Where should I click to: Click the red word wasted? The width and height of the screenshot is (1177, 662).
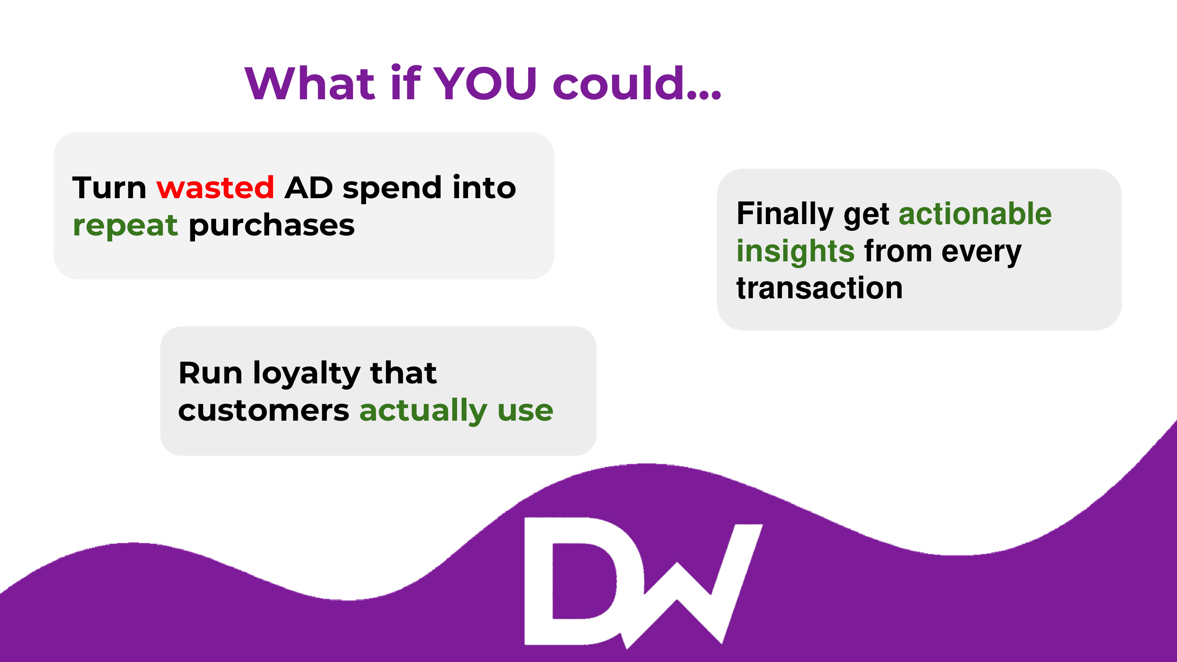pyautogui.click(x=215, y=188)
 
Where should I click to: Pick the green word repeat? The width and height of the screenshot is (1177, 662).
pyautogui.click(x=125, y=226)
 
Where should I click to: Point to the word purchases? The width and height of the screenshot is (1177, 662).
pyautogui.click(x=272, y=226)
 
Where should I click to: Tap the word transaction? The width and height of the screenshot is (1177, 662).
pyautogui.click(x=820, y=288)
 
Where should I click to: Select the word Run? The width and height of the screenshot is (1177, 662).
pyautogui.click(x=210, y=373)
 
